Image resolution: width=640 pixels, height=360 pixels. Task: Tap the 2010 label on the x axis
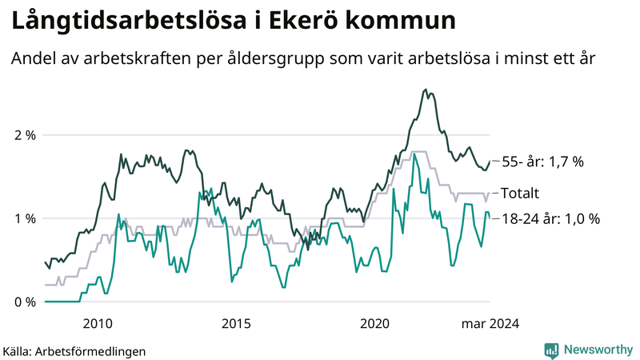click(98, 324)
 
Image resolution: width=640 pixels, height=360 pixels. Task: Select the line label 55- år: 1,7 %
click(542, 162)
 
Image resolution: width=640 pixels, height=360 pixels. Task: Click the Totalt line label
click(520, 193)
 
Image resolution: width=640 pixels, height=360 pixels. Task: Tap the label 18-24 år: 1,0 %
click(550, 218)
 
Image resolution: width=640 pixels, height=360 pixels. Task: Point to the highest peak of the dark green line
click(426, 90)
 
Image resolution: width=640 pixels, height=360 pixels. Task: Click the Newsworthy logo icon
click(551, 350)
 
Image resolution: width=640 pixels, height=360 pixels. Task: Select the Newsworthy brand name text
click(597, 350)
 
